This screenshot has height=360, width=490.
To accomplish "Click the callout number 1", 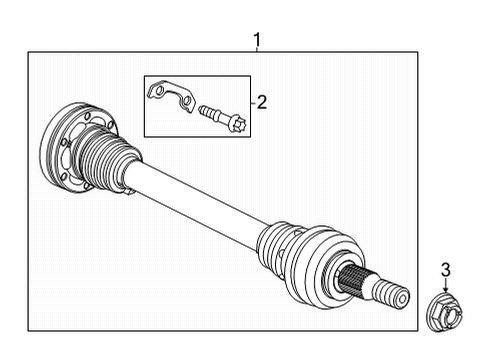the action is [258, 41].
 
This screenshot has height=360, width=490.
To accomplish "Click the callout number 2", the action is [262, 101].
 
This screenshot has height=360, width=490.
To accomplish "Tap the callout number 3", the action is [446, 268].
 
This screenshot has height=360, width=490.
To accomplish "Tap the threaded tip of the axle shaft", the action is [396, 296].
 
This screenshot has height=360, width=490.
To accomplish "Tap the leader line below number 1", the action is [258, 50].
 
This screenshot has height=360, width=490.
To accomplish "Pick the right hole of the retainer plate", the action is [183, 101].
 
